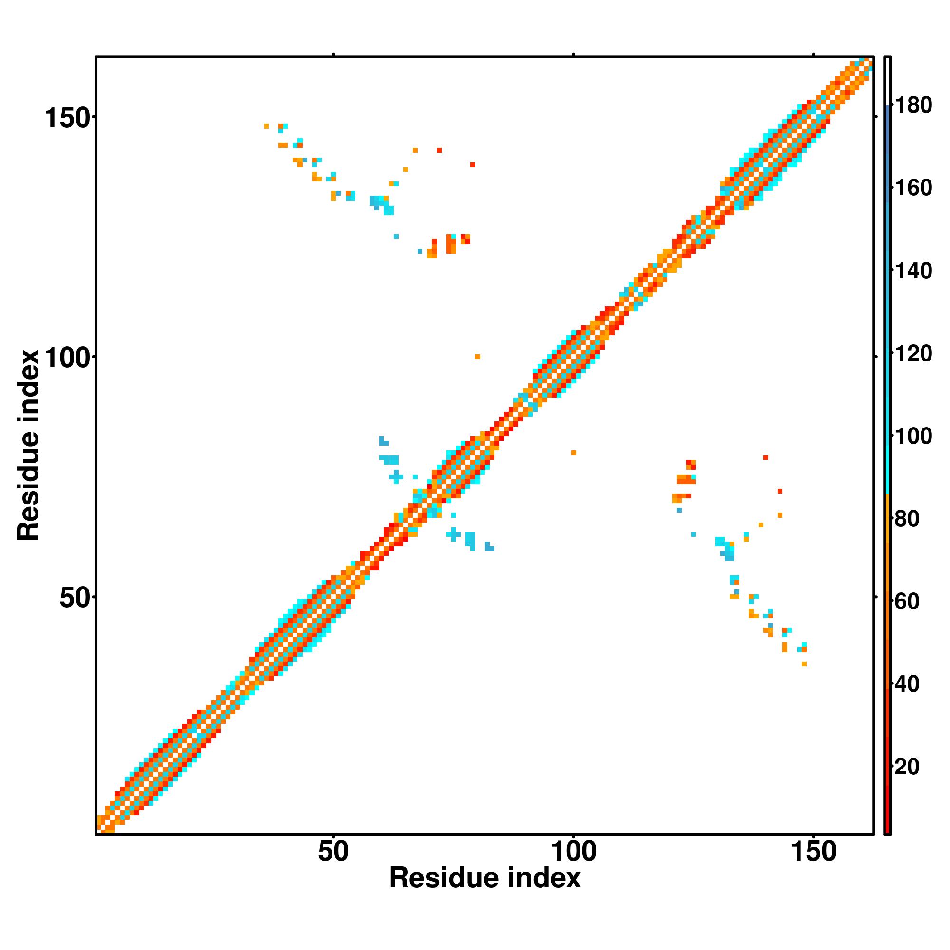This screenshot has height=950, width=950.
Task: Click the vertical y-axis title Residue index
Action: click(28, 445)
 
